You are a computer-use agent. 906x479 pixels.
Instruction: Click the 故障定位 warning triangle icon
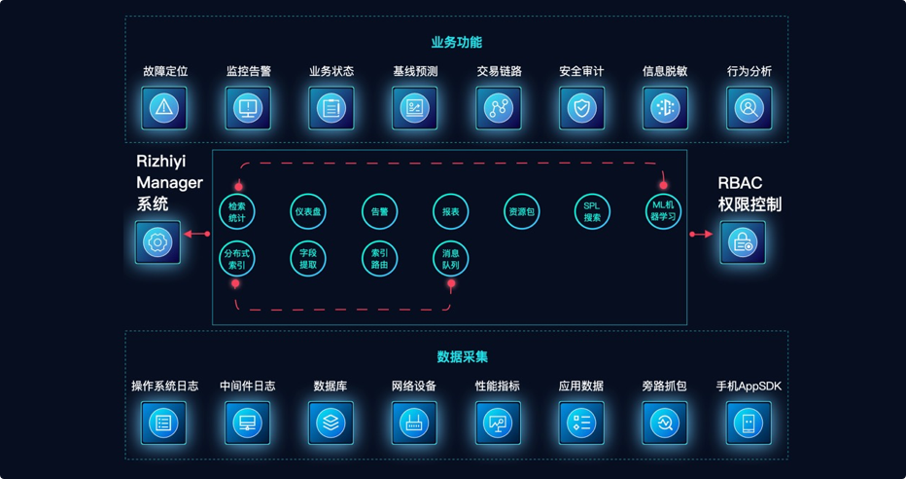coord(164,108)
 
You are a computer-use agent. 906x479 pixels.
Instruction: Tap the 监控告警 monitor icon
coord(248,108)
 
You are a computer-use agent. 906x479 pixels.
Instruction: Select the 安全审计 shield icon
coord(581,108)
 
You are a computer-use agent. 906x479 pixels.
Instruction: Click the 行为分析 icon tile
coord(749,108)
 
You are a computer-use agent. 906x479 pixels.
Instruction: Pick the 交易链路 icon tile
coord(499,108)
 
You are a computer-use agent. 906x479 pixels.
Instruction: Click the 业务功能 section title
coord(456,42)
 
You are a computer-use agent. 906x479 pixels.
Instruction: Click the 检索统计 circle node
coord(237,211)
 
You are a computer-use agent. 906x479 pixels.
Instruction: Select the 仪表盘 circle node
coord(308,211)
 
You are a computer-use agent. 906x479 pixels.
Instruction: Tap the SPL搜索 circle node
coord(592,211)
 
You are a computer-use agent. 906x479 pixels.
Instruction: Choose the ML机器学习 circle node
coord(664,211)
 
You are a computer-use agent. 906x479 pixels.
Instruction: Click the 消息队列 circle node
coord(450,259)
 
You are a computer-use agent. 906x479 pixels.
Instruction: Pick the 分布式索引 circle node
coord(237,259)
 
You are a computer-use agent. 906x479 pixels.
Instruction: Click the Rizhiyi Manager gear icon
coord(157,241)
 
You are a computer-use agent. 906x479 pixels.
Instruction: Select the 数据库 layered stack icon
coord(331,423)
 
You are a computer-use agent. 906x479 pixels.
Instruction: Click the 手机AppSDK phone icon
coord(749,423)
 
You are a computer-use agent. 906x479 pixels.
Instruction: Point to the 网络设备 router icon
coord(414,423)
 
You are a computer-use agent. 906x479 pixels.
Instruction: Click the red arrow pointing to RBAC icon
coord(701,234)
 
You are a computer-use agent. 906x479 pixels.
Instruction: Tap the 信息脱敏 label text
coord(665,71)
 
